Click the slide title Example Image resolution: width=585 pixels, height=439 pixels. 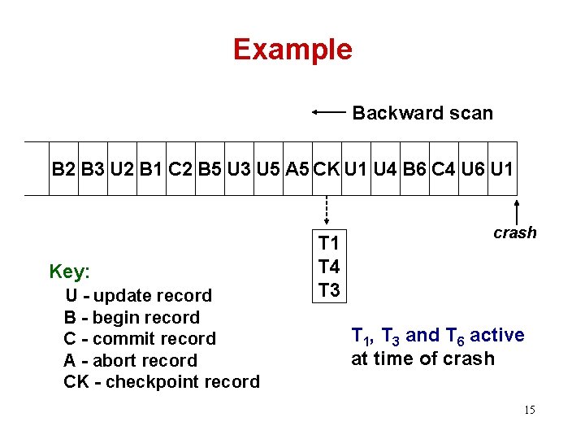[292, 50]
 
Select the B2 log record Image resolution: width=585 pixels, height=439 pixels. [63, 169]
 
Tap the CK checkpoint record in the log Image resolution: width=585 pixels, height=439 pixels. [327, 169]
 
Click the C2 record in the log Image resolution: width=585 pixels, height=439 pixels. [180, 169]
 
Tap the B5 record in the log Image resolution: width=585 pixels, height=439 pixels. [210, 169]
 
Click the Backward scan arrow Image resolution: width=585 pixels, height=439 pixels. [328, 113]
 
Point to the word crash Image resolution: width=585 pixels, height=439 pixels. [515, 233]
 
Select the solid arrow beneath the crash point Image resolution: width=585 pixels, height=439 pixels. [518, 210]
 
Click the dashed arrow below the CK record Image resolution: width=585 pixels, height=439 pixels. [327, 210]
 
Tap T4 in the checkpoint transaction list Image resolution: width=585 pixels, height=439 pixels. [329, 266]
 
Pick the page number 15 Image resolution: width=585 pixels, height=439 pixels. [529, 409]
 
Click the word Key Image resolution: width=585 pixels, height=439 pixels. [70, 271]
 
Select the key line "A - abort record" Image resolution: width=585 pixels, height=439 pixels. [130, 360]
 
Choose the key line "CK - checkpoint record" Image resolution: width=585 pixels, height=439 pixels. [162, 381]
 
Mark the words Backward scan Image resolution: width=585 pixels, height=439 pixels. [422, 113]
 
